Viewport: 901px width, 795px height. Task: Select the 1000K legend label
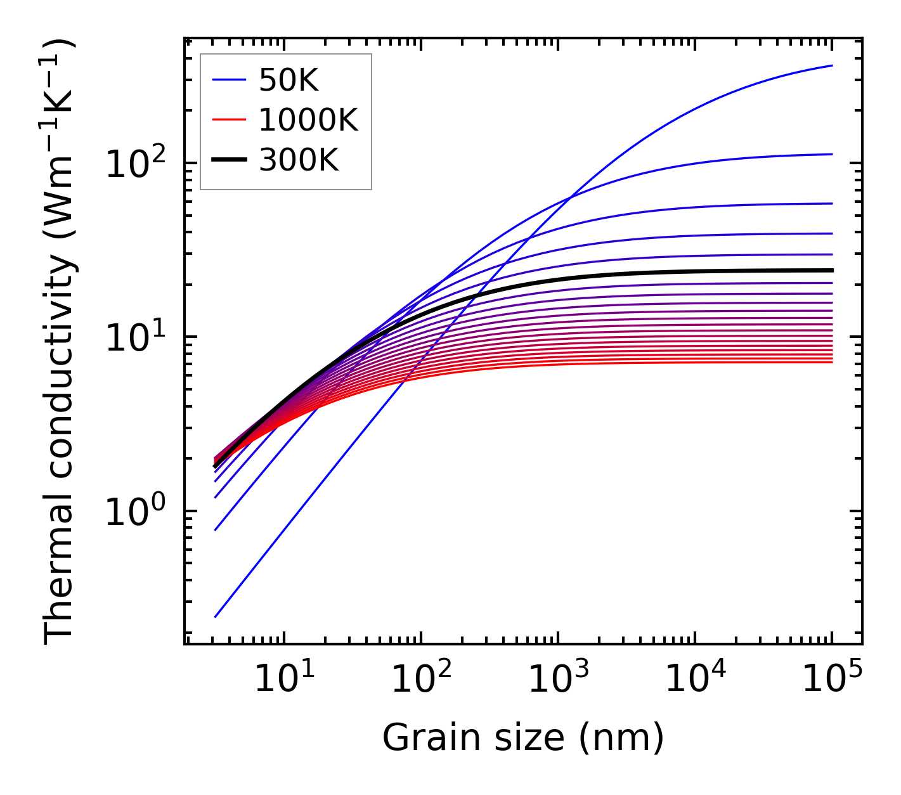[308, 120]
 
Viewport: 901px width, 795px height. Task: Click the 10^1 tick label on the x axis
[283, 680]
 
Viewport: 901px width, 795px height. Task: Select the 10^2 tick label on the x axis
[421, 680]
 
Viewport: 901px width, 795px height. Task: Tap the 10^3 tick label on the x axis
[558, 680]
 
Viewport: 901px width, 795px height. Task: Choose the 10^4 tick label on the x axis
[695, 680]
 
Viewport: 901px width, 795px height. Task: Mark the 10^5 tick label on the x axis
[832, 680]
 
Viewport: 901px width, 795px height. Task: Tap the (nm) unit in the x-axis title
[621, 738]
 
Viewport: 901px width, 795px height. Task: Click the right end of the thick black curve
[831, 270]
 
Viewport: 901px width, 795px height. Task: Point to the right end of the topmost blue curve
[831, 65]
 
